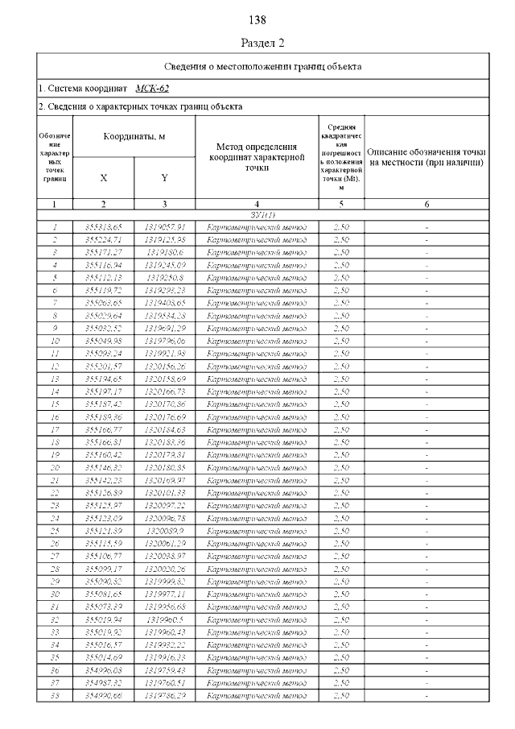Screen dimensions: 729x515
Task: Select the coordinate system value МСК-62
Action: [x=153, y=88]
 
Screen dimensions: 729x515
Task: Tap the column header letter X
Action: [x=103, y=177]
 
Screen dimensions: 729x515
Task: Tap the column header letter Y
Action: [x=164, y=177]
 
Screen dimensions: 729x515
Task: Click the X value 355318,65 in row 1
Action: [x=103, y=228]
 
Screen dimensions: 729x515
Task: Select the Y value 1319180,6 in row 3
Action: [x=164, y=253]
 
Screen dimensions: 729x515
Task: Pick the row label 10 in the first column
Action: [x=55, y=341]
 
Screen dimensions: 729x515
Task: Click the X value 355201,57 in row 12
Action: [x=103, y=366]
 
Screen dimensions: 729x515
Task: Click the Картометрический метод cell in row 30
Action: [x=256, y=592]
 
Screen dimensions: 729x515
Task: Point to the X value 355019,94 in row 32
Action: [x=103, y=618]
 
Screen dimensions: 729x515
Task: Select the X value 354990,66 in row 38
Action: [x=103, y=694]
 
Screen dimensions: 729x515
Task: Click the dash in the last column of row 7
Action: [x=426, y=303]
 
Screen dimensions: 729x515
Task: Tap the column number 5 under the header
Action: [x=340, y=205]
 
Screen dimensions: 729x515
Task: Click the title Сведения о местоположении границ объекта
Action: [x=262, y=66]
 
